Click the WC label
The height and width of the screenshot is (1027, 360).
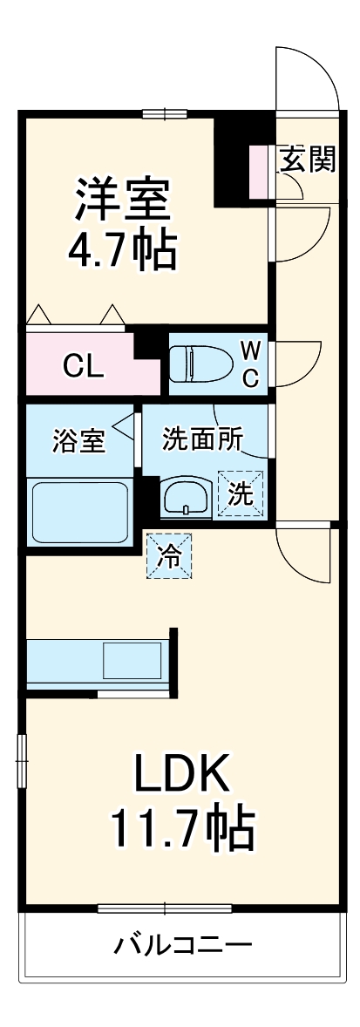250,364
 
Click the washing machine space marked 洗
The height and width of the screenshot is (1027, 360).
240,493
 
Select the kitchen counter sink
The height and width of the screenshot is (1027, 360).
132,660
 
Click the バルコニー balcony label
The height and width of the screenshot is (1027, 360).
183,944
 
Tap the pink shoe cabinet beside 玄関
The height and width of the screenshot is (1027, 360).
259,171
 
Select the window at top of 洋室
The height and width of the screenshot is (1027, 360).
165,112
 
